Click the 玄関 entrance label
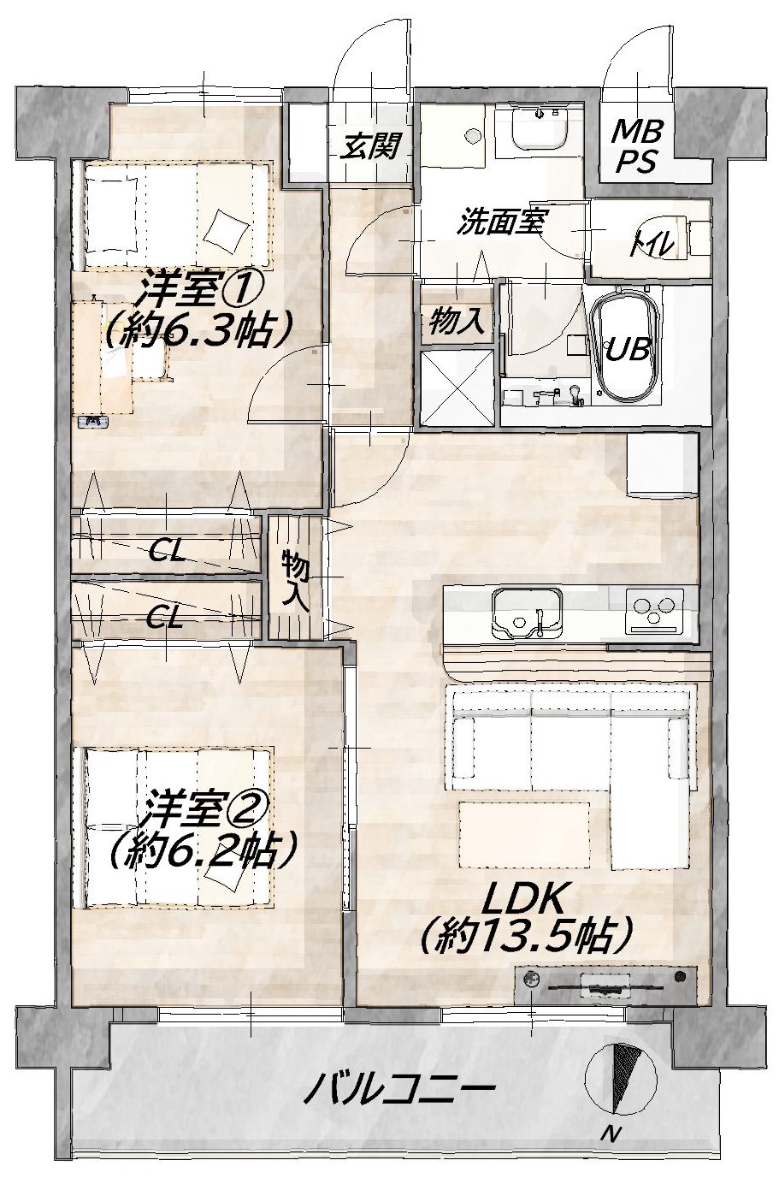coord(368,145)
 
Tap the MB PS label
coord(636,146)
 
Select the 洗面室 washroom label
coord(501,222)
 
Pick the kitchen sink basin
coord(527,613)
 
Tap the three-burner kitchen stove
coord(655,611)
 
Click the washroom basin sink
coord(539,129)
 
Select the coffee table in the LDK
coord(524,835)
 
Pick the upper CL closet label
coord(167,553)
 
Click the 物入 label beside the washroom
coord(457,320)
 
